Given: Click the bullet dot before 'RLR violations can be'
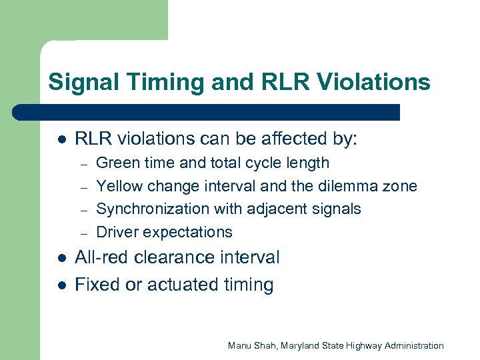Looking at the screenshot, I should [x=60, y=140].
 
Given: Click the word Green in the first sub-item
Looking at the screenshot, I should [x=117, y=163].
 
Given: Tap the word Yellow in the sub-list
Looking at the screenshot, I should [x=120, y=186].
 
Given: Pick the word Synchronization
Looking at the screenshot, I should [x=153, y=209].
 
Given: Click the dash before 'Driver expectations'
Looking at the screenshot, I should [x=84, y=233].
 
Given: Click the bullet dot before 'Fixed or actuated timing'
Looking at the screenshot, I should [x=60, y=286].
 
